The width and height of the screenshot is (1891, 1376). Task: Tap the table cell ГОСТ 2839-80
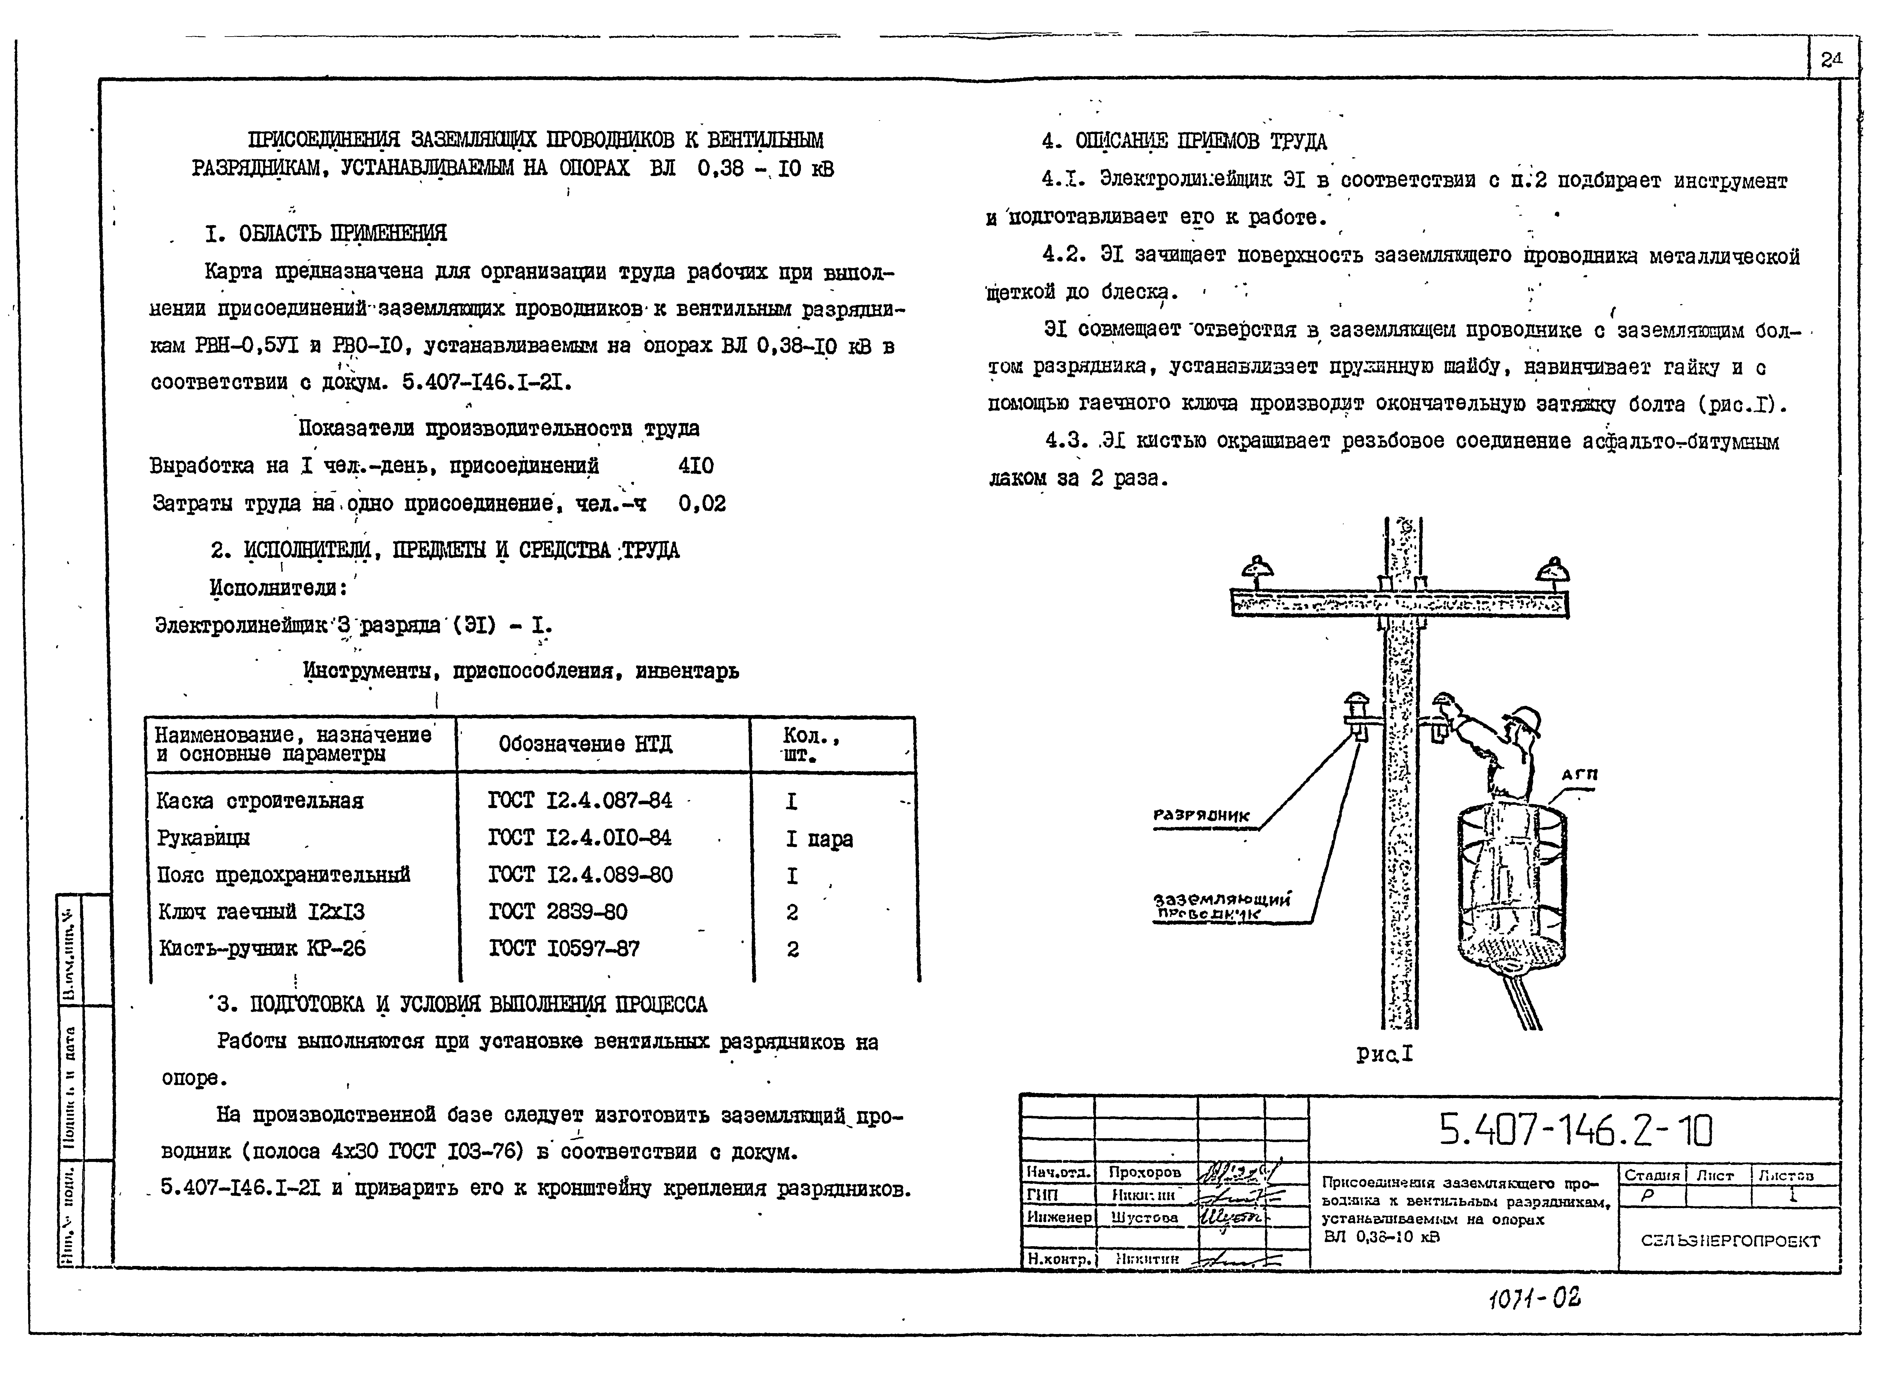tap(558, 912)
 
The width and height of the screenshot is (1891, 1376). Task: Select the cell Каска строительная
tap(260, 801)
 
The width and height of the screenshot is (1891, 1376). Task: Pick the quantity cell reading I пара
tap(819, 838)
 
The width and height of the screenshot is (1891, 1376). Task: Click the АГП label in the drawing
tap(1579, 774)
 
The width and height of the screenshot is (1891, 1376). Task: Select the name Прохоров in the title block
tap(1144, 1172)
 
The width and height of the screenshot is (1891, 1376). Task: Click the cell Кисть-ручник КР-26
tap(262, 948)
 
